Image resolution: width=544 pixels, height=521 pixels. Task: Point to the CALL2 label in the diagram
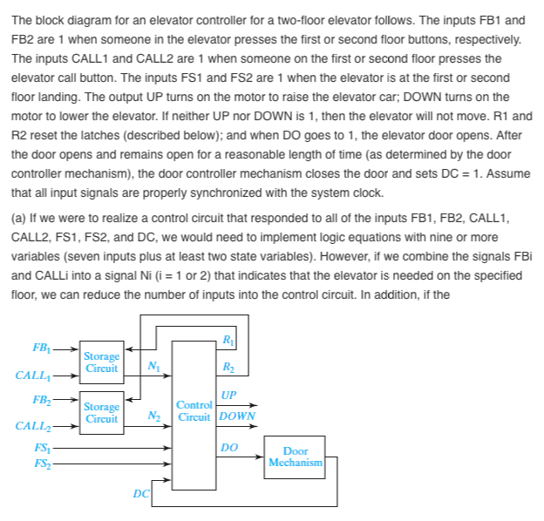click(35, 426)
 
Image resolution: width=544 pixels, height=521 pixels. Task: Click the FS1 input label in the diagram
click(41, 450)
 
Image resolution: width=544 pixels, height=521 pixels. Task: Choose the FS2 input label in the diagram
click(41, 463)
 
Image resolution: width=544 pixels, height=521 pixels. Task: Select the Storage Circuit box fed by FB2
click(102, 412)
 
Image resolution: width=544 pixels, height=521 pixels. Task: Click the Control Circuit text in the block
click(194, 410)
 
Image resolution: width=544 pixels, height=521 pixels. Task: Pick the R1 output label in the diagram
click(228, 339)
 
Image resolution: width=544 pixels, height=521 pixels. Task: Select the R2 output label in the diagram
click(228, 367)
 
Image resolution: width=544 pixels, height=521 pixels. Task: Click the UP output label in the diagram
click(228, 395)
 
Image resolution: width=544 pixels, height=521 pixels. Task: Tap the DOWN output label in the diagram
click(236, 416)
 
